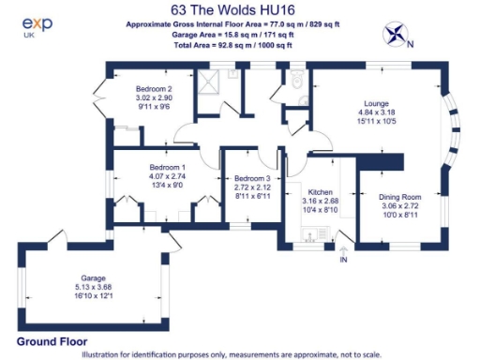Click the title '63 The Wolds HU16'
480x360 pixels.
tap(238, 10)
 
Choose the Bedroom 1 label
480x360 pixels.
tap(169, 168)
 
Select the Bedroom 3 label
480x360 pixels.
tap(252, 179)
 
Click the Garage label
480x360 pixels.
tap(92, 278)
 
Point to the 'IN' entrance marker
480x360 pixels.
tap(343, 258)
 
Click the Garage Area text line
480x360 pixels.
tap(238, 34)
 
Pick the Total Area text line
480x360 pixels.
tap(238, 43)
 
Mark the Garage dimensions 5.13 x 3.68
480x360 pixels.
tap(92, 288)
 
